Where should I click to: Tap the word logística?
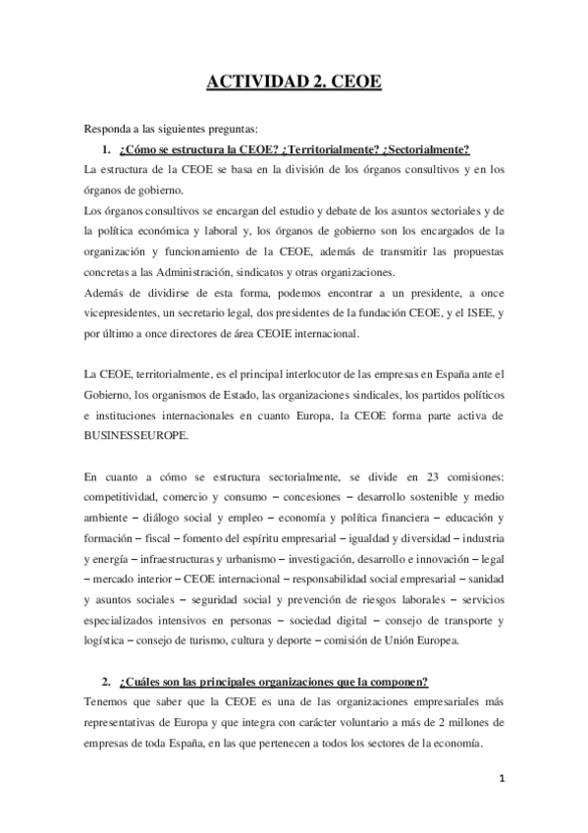pos(105,640)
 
